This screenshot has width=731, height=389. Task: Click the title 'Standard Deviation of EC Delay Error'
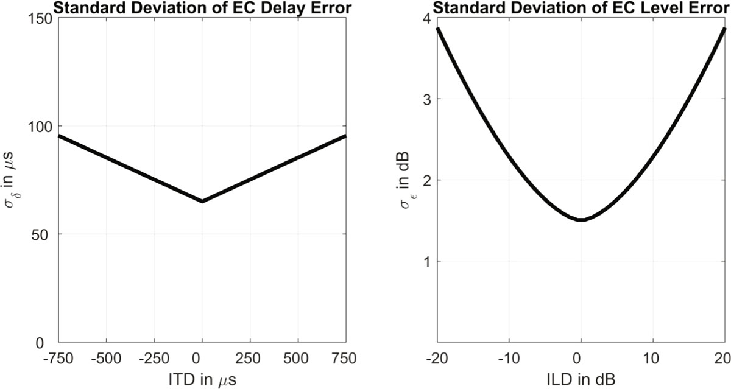point(202,8)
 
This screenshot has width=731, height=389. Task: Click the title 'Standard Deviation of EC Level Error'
point(582,8)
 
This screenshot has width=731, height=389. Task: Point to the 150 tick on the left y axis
point(40,19)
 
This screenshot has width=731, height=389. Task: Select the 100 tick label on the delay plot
point(40,127)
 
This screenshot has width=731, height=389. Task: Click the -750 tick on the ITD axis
point(58,359)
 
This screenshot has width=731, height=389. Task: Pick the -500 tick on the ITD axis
point(107,359)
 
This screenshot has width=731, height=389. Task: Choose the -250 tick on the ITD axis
point(154,359)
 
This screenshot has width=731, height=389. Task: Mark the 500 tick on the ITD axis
point(296,359)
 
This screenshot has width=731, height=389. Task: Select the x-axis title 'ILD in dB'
point(581,380)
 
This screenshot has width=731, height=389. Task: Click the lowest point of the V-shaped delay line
point(202,202)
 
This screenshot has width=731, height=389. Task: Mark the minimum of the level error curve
point(581,220)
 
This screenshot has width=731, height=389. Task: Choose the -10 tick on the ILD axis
point(509,359)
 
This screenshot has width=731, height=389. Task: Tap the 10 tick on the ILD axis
point(652,359)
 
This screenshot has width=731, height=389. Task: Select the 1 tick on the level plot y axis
point(427,262)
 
